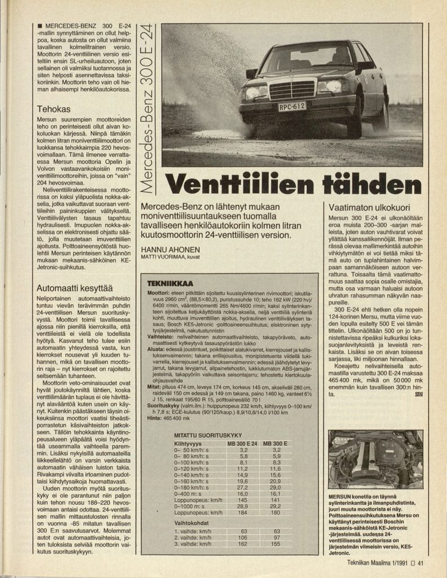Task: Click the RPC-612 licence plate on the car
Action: pos(291,106)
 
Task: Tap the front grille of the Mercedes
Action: pos(291,89)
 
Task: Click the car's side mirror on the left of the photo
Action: pos(251,73)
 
